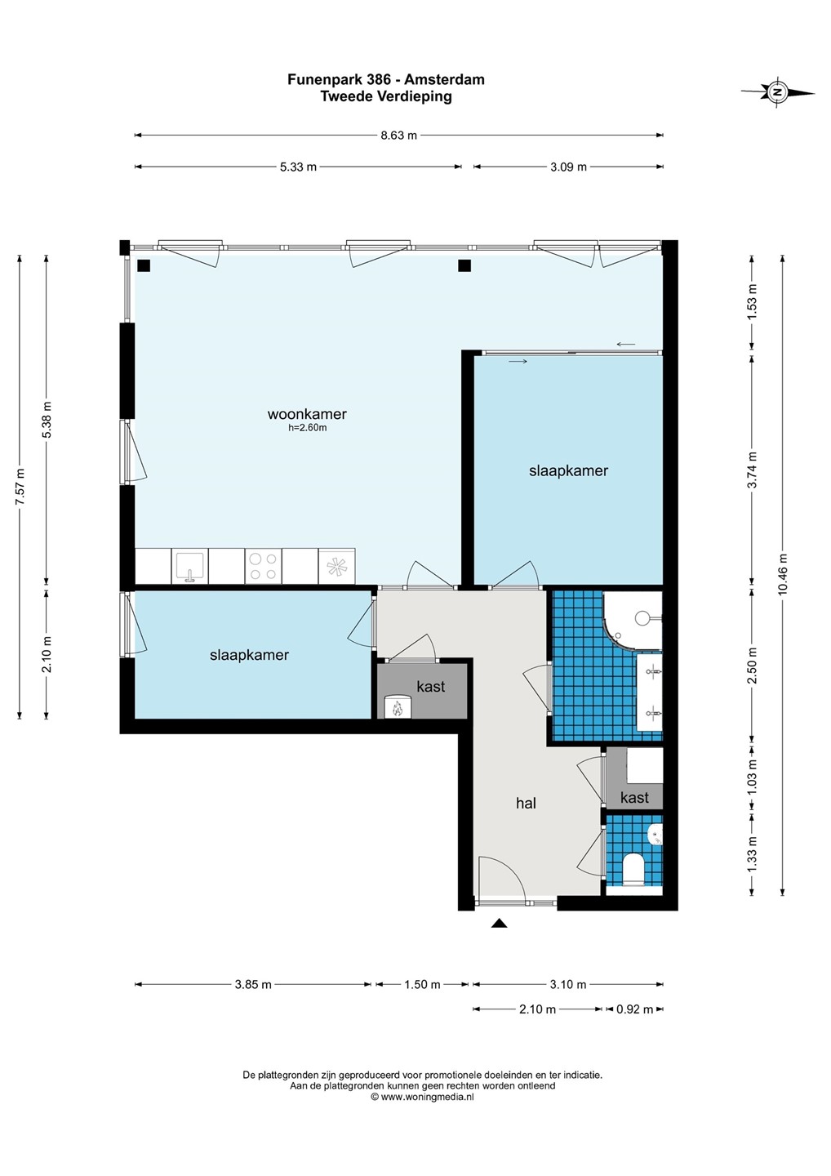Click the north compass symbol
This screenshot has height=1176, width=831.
click(x=777, y=92)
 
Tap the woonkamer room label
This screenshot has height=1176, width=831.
click(x=307, y=414)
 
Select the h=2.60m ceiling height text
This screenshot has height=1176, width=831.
click(x=308, y=428)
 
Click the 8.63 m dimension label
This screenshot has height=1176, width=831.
click(x=398, y=136)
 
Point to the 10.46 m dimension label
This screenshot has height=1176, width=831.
click(x=783, y=574)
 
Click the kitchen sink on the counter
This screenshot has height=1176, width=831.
click(x=190, y=567)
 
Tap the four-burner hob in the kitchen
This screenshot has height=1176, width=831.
click(x=264, y=567)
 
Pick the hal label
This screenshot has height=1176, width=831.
click(x=526, y=804)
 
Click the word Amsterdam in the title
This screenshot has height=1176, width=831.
click(x=444, y=80)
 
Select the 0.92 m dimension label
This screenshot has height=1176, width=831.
click(x=635, y=1009)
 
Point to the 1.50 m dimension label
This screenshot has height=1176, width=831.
click(x=422, y=984)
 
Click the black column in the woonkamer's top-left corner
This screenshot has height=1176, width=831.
click(x=144, y=265)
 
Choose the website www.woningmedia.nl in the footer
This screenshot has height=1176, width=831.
click(x=427, y=1097)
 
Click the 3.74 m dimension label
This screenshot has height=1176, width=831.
click(x=753, y=470)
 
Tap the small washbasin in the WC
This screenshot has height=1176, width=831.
click(x=655, y=835)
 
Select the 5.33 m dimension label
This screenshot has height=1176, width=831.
click(x=298, y=167)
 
